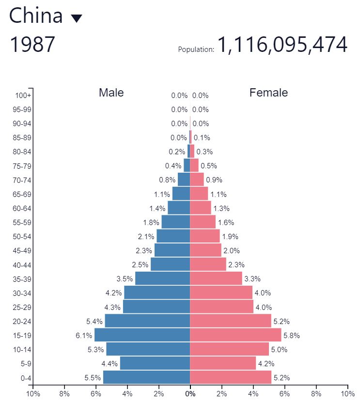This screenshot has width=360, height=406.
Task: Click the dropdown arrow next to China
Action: point(77,18)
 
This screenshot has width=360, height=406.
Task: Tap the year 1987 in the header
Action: point(32,45)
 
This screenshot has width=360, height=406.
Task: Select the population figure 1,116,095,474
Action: point(282,45)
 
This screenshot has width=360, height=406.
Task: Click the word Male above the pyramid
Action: point(111,93)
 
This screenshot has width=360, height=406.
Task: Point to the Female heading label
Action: point(268,93)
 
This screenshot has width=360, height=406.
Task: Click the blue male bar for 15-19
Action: point(142,335)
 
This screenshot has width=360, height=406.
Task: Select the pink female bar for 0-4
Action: point(231,377)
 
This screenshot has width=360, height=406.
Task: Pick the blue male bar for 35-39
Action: point(162,278)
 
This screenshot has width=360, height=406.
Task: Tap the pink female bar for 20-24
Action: point(231,321)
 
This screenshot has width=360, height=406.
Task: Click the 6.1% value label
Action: point(84,335)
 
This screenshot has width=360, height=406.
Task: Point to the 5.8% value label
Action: point(291,335)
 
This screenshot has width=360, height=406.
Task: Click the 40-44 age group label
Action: point(21,265)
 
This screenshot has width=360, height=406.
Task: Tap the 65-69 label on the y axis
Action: point(21,195)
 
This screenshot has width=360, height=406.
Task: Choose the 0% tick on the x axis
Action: point(190,393)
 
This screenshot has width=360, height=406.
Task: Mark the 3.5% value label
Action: point(125,279)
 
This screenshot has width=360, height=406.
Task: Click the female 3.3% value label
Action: point(252,279)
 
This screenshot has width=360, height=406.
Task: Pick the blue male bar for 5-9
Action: point(155,363)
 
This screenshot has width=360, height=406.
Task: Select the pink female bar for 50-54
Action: point(204,236)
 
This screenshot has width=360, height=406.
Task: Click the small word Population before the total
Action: point(196,49)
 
